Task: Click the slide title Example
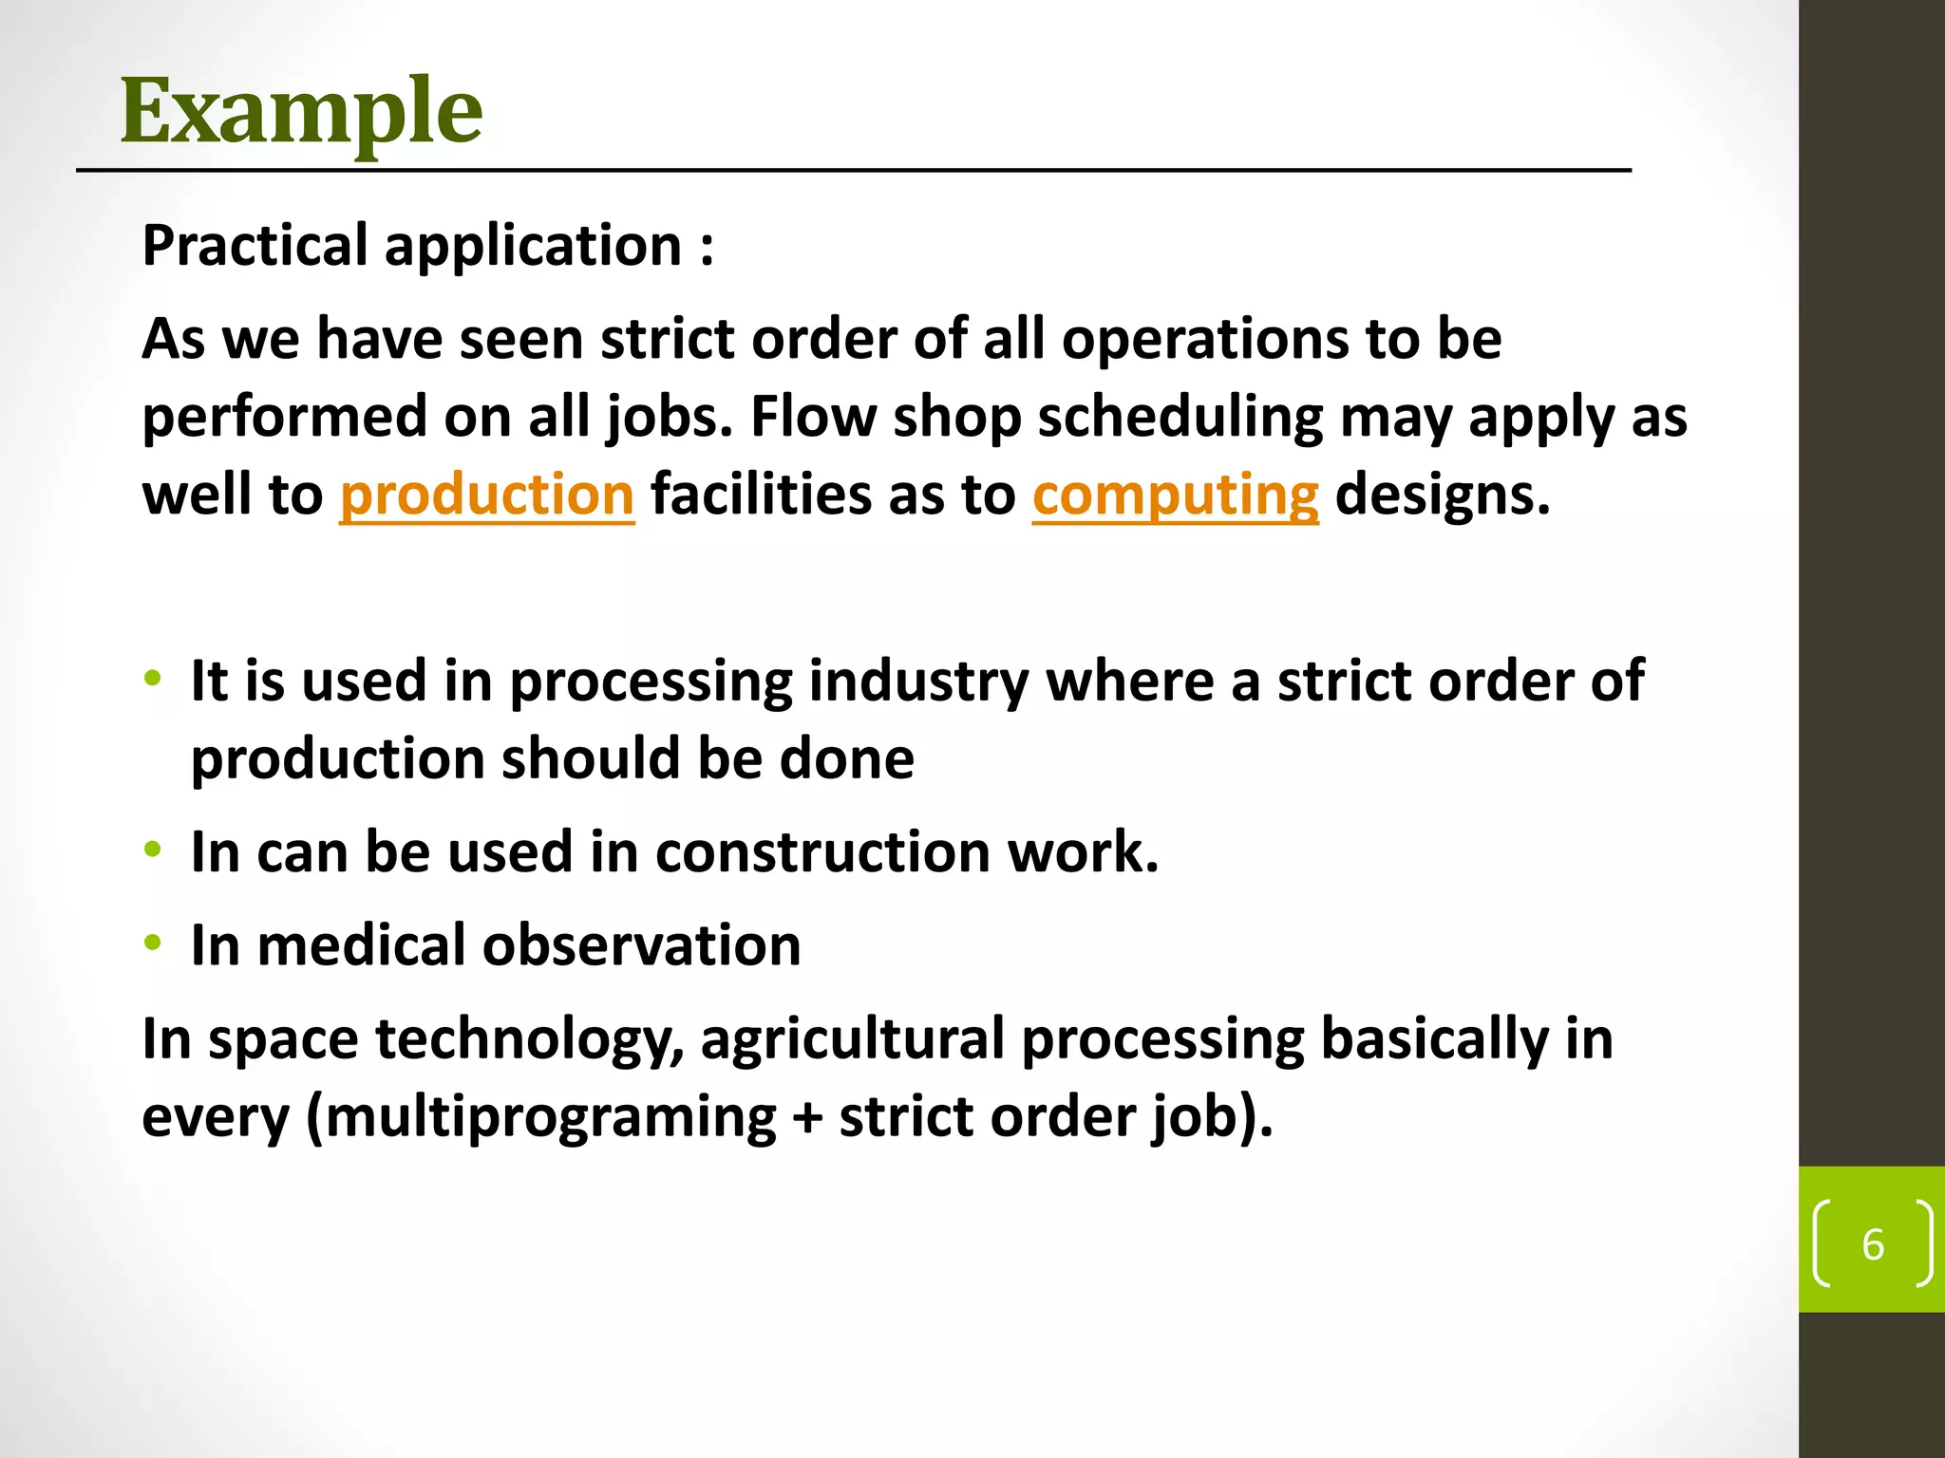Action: point(301,111)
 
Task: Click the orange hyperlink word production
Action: point(486,495)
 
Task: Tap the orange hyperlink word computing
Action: point(1175,495)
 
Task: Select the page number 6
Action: point(1872,1244)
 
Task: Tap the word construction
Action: point(822,851)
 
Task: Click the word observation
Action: point(641,945)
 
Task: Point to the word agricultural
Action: point(852,1038)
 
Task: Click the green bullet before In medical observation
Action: point(153,944)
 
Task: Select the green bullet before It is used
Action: point(153,679)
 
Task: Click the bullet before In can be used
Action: point(153,850)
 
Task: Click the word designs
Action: point(1442,495)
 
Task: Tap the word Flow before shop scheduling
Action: point(813,418)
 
